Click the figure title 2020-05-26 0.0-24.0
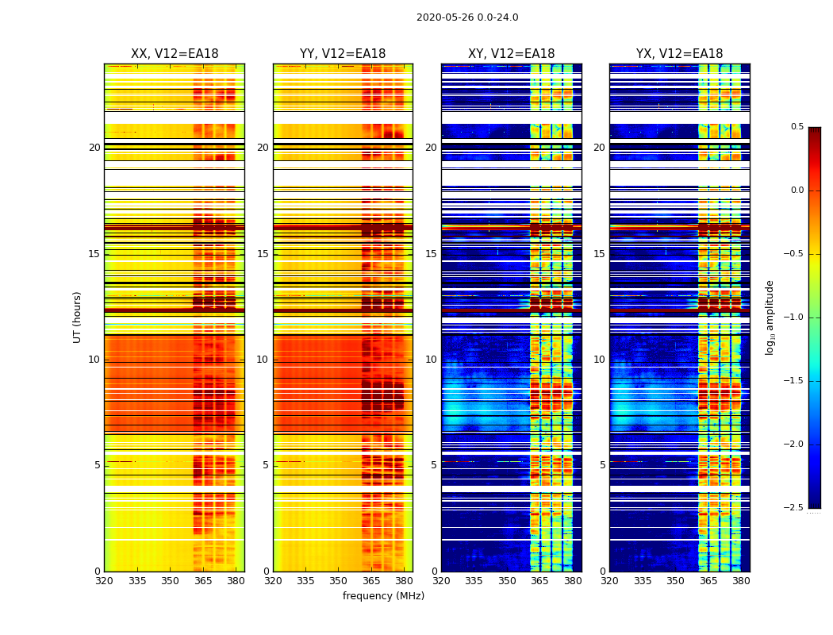point(467,17)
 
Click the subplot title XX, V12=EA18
point(175,54)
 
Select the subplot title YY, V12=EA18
point(343,54)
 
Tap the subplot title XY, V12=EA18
point(511,54)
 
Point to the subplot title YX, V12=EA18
point(679,54)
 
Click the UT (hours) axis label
point(78,317)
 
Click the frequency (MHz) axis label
point(383,596)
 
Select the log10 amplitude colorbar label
point(770,317)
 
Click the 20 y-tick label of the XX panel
point(94,148)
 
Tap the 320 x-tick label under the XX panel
point(104,581)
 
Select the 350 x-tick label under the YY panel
point(339,581)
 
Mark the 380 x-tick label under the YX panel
point(741,581)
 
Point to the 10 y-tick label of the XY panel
point(431,360)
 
